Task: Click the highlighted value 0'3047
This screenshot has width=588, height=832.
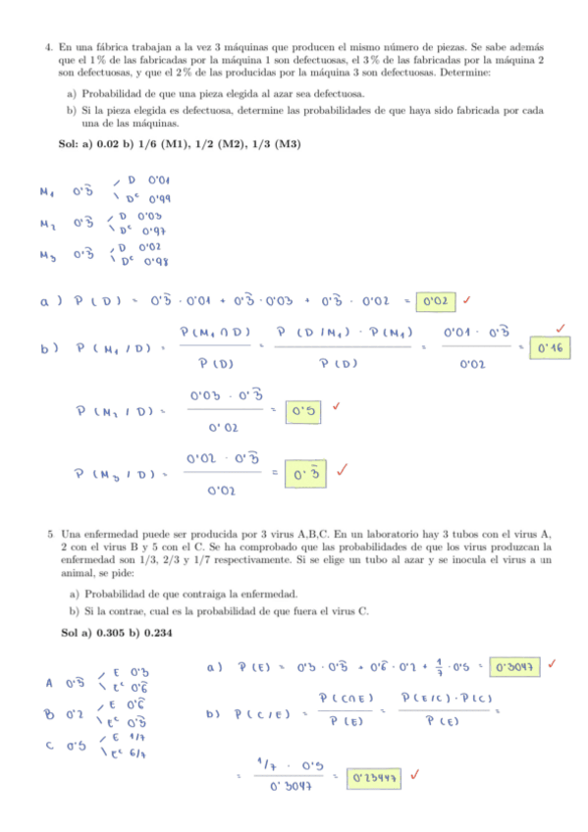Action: tap(513, 666)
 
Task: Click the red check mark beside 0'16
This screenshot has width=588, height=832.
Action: tap(560, 327)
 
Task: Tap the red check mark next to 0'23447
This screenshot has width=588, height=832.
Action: tap(418, 774)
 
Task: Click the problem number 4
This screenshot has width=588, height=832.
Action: tap(48, 46)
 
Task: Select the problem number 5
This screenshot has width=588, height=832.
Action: tap(49, 535)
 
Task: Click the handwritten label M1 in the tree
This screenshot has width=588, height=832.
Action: tap(48, 191)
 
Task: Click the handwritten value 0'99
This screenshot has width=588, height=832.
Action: tap(159, 199)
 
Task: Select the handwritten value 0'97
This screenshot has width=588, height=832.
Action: tap(154, 231)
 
